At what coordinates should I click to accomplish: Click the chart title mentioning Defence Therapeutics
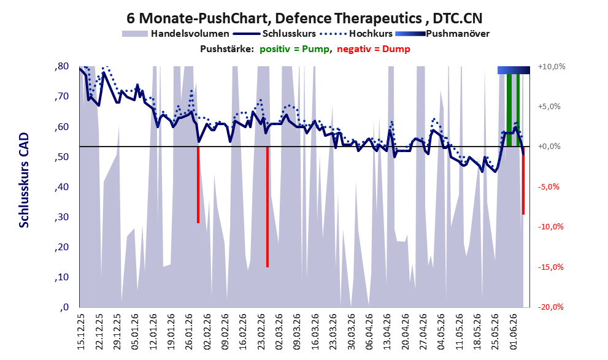click(x=304, y=18)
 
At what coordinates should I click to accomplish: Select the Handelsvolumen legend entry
click(x=175, y=34)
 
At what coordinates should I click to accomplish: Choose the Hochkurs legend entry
click(x=356, y=34)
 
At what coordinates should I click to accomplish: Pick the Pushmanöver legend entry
click(x=442, y=34)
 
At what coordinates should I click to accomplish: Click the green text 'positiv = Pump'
click(x=294, y=49)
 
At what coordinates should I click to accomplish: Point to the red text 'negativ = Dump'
click(x=374, y=49)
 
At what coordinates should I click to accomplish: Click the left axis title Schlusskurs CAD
click(x=24, y=180)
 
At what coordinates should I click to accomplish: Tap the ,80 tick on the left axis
click(x=61, y=66)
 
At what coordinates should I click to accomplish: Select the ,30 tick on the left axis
click(x=61, y=217)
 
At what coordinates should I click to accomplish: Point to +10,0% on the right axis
click(x=552, y=67)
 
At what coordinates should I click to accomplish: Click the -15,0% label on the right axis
click(x=550, y=267)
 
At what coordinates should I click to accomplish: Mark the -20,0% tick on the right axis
click(x=550, y=307)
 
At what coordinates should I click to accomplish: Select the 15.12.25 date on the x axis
click(x=81, y=332)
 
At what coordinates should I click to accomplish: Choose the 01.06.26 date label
click(x=513, y=332)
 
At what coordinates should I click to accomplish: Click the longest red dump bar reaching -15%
click(x=267, y=207)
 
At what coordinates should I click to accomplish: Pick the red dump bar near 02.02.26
click(x=198, y=185)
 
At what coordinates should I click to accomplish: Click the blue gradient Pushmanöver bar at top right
click(x=514, y=70)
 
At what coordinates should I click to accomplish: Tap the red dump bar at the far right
click(x=523, y=180)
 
